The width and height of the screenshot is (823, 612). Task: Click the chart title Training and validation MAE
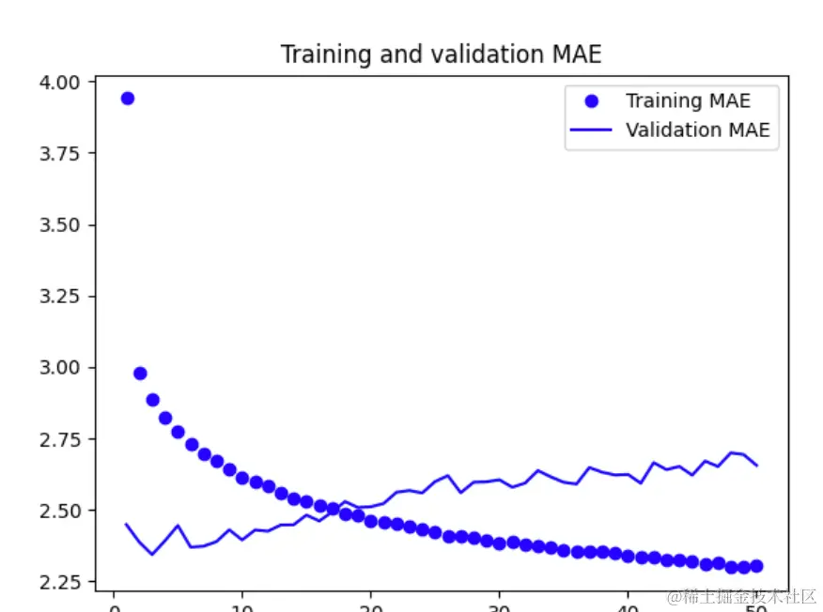point(441,55)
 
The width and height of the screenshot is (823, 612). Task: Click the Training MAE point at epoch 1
point(127,99)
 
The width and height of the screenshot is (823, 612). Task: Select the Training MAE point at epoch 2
point(140,374)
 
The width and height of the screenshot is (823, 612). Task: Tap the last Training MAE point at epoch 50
point(756,565)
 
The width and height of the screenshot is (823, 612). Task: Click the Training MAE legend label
point(688,101)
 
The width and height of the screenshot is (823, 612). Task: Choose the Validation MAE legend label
point(697,130)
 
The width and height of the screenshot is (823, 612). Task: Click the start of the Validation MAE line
point(127,524)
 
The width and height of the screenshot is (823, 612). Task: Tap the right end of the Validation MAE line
point(756,466)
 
